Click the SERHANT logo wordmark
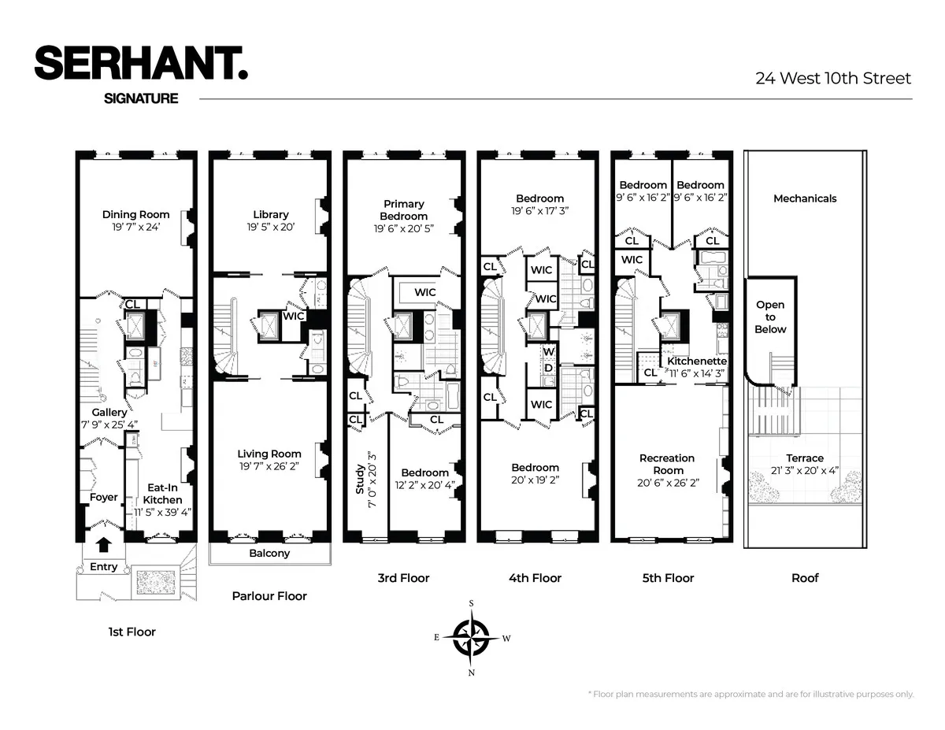pyautogui.click(x=141, y=62)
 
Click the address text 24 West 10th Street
pyautogui.click(x=833, y=78)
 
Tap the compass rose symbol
pyautogui.click(x=472, y=637)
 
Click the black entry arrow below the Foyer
pyautogui.click(x=103, y=546)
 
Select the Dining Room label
pyautogui.click(x=136, y=214)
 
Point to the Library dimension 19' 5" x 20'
pyautogui.click(x=271, y=227)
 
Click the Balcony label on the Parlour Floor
pyautogui.click(x=269, y=553)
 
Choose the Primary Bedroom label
pyautogui.click(x=405, y=209)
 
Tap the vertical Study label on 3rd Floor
pyautogui.click(x=361, y=479)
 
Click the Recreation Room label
pyautogui.click(x=667, y=464)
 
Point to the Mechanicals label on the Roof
pyautogui.click(x=805, y=198)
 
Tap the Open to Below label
pyautogui.click(x=770, y=317)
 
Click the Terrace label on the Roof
pyautogui.click(x=805, y=458)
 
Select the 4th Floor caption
pyautogui.click(x=535, y=578)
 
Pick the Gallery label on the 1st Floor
pyautogui.click(x=109, y=412)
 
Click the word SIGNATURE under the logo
pyautogui.click(x=141, y=99)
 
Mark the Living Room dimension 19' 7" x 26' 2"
pyautogui.click(x=269, y=466)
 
